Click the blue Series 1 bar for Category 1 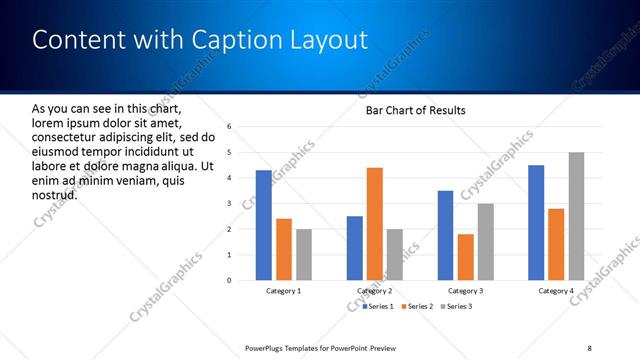(263, 225)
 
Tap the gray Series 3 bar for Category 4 (577, 216)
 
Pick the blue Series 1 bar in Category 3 (445, 235)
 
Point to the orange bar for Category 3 (465, 257)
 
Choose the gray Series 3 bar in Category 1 (304, 254)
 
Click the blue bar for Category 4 (536, 222)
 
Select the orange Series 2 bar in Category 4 (557, 244)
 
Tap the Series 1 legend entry (376, 306)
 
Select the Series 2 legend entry (415, 306)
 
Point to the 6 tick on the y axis (230, 127)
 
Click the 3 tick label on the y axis (230, 204)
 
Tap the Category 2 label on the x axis (374, 291)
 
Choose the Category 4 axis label (556, 291)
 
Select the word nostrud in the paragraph (54, 194)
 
